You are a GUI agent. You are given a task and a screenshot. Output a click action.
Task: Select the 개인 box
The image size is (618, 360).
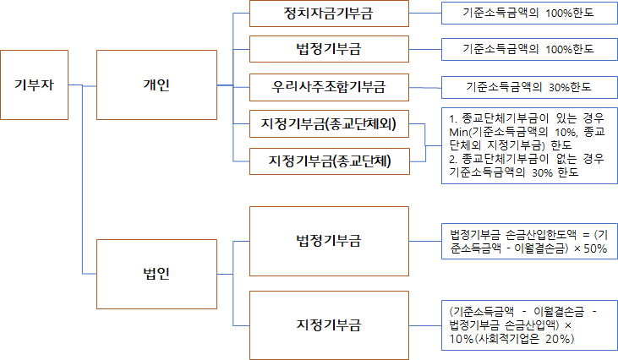[156, 85]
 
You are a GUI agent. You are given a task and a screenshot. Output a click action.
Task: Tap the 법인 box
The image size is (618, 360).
[156, 274]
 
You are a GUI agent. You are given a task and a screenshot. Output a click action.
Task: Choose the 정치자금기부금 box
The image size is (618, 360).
[329, 14]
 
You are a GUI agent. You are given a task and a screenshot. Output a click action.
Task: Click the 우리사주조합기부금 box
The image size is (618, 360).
[329, 86]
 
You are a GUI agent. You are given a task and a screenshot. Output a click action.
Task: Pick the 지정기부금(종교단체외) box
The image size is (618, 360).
[329, 126]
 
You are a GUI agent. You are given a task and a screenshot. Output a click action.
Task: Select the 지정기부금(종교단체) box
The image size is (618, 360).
[329, 161]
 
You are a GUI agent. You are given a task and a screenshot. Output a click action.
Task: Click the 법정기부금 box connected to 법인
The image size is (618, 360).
[329, 241]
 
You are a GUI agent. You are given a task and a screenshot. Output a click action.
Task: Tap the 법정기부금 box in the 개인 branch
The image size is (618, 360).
[329, 49]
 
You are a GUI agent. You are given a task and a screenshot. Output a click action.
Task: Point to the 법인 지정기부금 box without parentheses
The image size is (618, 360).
[329, 325]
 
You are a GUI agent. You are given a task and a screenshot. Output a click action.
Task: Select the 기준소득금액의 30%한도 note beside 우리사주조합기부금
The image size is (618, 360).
[529, 86]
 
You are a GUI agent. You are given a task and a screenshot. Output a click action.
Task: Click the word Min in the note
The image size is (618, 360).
[459, 133]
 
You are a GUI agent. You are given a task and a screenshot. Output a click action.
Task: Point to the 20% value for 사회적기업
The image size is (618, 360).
[561, 339]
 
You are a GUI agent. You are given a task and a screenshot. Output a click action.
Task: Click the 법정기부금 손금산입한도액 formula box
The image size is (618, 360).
[528, 241]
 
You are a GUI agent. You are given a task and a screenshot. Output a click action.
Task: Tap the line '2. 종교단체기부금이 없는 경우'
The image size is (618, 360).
[526, 159]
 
